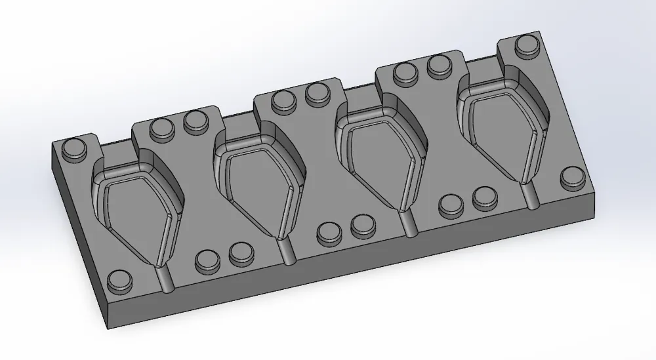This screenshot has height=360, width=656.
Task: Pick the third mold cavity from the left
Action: (x=380, y=157)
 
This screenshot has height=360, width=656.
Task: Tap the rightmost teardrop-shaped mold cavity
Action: (x=502, y=128)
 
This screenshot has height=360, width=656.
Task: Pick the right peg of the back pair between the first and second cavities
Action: (x=194, y=120)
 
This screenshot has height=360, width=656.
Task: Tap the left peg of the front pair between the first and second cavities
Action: (x=207, y=261)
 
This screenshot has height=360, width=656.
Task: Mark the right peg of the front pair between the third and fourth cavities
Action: (x=483, y=197)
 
